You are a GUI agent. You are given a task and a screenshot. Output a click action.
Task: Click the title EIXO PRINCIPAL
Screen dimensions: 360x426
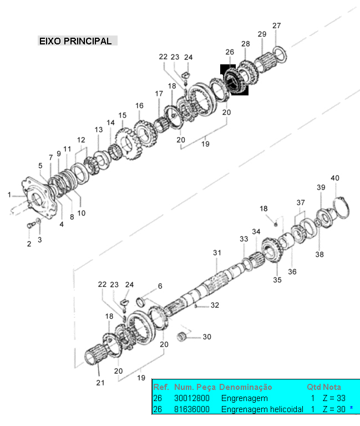[75, 41]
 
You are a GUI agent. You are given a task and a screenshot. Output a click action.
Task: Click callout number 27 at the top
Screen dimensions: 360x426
[277, 26]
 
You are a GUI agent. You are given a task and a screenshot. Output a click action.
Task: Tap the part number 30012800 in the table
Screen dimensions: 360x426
[192, 398]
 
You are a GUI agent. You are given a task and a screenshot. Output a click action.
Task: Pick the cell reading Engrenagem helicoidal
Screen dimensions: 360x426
[262, 409]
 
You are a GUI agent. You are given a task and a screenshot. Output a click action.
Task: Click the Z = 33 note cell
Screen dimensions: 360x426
[334, 398]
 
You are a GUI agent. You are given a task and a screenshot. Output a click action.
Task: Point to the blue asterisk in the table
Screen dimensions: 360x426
[351, 408]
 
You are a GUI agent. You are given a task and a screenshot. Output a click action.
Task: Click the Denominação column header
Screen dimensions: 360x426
[245, 387]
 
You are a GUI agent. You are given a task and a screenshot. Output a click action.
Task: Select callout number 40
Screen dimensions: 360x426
[335, 178]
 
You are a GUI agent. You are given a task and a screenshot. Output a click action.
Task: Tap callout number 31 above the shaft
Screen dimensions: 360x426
[217, 253]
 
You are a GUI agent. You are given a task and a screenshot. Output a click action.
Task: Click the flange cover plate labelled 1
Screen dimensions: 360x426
[39, 198]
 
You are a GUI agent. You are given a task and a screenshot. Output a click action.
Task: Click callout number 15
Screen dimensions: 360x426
[122, 115]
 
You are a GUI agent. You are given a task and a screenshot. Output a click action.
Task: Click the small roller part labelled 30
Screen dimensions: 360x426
[181, 336]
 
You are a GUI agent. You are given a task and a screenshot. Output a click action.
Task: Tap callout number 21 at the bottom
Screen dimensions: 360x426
[100, 383]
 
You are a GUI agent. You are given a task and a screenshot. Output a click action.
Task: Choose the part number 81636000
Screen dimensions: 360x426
[192, 409]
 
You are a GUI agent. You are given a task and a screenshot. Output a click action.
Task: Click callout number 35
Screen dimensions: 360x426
[277, 280]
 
